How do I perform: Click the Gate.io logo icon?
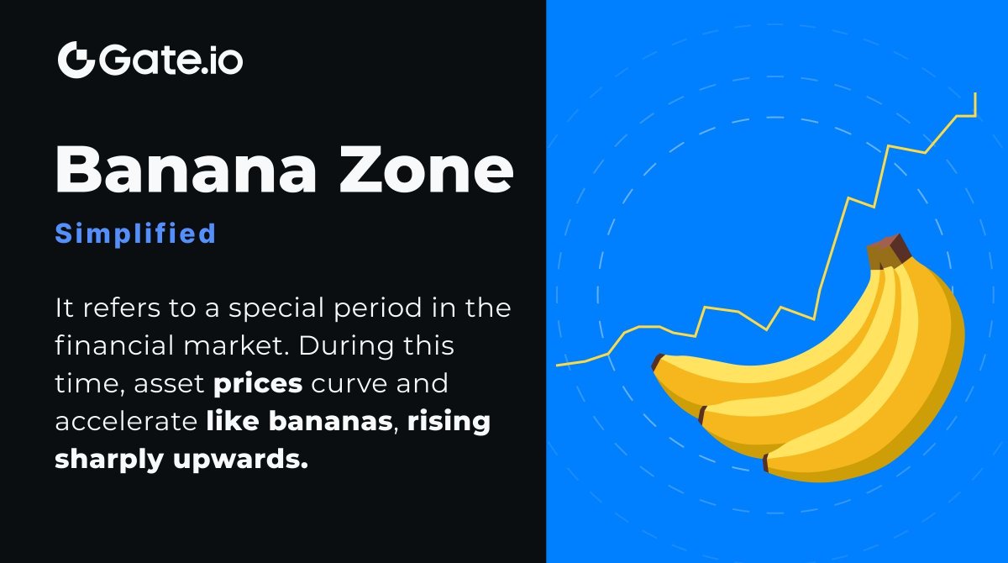click(x=76, y=60)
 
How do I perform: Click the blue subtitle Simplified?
click(x=135, y=234)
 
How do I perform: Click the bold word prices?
click(x=259, y=383)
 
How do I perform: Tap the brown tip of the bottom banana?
click(x=766, y=463)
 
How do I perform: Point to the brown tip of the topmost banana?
click(x=658, y=362)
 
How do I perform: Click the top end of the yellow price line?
click(x=975, y=95)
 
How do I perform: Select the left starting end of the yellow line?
click(x=558, y=366)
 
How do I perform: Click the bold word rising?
click(x=449, y=421)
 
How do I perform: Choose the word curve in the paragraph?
click(x=347, y=383)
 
